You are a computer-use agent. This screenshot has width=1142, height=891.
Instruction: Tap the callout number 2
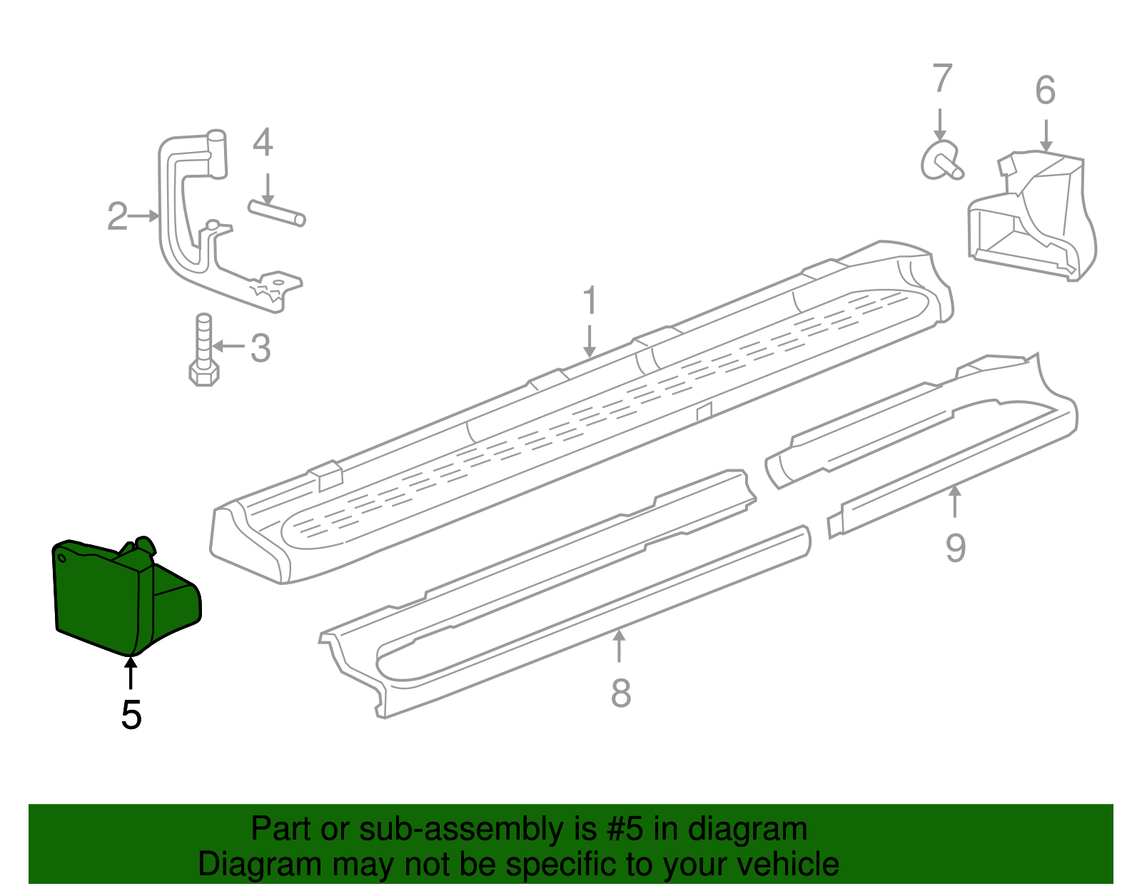pyautogui.click(x=117, y=216)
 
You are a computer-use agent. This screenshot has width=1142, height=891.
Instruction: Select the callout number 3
pyautogui.click(x=261, y=348)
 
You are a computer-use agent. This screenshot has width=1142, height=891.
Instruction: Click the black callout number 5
pyautogui.click(x=131, y=714)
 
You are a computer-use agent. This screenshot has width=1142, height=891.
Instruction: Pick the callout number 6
pyautogui.click(x=1045, y=91)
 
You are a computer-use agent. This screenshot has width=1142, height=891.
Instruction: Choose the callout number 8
pyautogui.click(x=621, y=693)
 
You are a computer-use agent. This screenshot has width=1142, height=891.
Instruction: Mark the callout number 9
pyautogui.click(x=956, y=548)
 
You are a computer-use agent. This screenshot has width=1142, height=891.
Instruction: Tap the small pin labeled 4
pyautogui.click(x=277, y=213)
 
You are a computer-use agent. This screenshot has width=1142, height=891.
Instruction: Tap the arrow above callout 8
pyautogui.click(x=620, y=646)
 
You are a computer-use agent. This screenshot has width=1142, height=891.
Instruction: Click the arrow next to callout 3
pyautogui.click(x=228, y=347)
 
